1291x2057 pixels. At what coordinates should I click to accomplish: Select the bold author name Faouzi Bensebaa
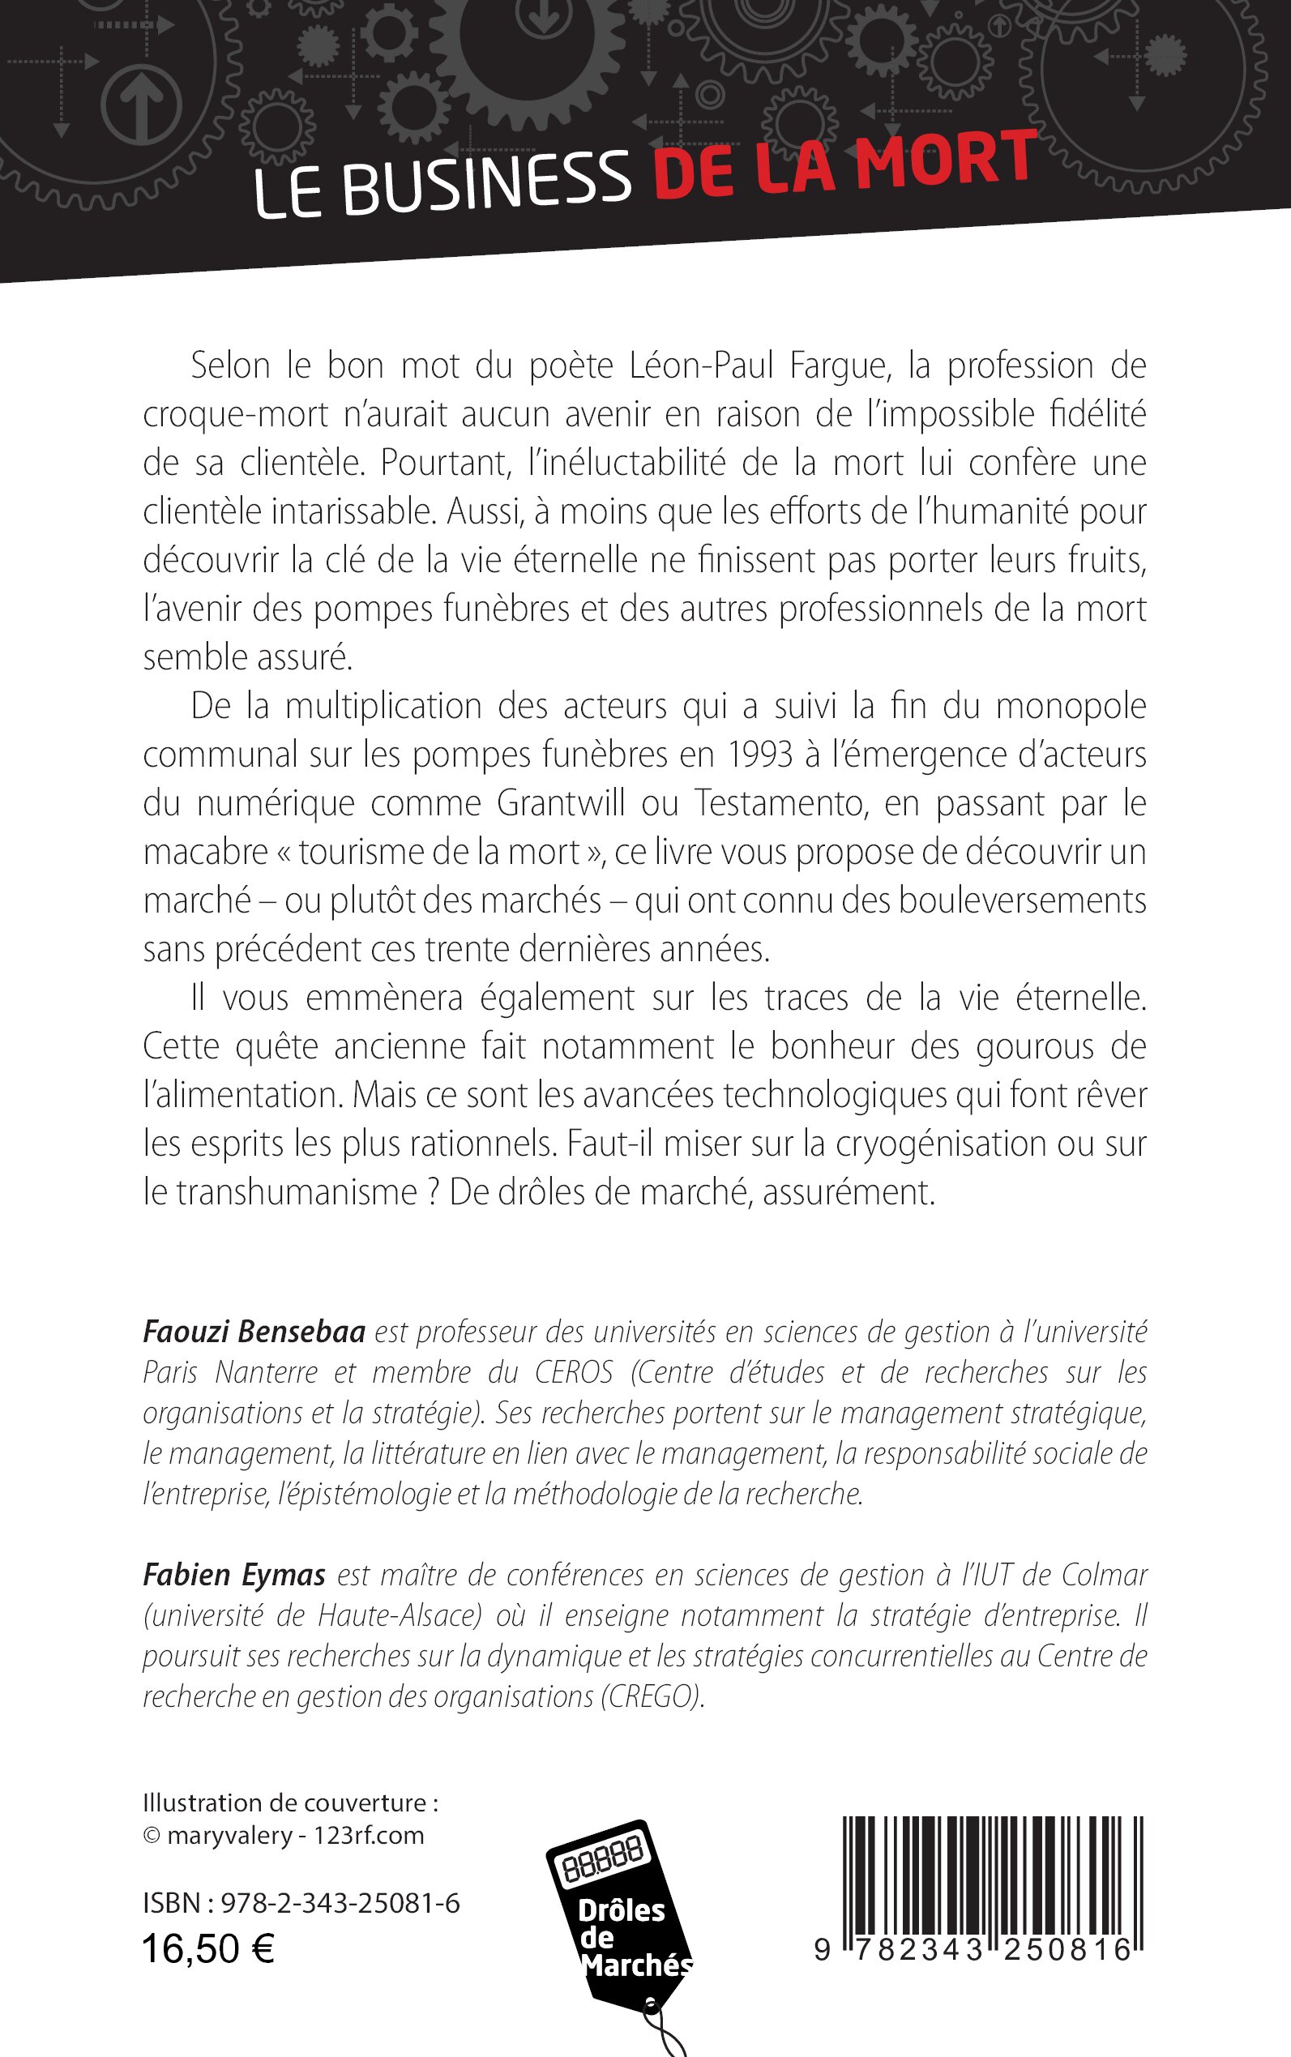click(254, 1331)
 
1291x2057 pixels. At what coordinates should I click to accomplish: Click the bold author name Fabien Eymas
click(234, 1575)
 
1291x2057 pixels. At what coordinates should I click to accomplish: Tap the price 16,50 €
click(207, 1949)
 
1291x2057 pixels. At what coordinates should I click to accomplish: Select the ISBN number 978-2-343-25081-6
click(340, 1902)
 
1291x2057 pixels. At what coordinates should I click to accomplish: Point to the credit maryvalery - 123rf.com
click(294, 1835)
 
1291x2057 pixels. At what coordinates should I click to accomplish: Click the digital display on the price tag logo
click(603, 1861)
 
